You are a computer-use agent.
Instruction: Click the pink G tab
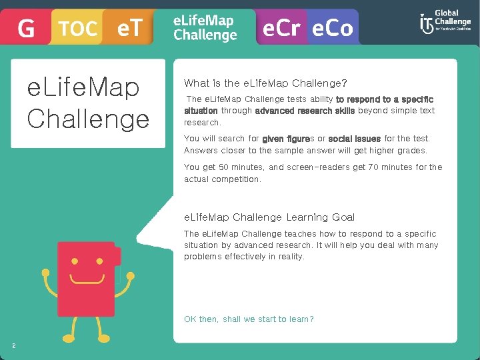(x=25, y=29)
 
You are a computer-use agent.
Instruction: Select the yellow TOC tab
(x=77, y=29)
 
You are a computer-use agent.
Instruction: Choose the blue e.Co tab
(x=331, y=29)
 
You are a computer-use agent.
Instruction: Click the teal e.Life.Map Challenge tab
(x=205, y=28)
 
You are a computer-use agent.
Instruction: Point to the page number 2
(x=13, y=345)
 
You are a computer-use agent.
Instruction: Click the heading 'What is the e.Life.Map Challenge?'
(x=265, y=83)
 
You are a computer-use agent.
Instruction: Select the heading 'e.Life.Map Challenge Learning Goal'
(x=269, y=217)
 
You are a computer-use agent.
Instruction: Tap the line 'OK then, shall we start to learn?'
(x=249, y=319)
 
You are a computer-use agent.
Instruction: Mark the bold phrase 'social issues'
(x=354, y=139)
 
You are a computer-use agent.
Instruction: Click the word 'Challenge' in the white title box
(x=88, y=119)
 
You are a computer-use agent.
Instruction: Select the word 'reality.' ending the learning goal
(x=287, y=257)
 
